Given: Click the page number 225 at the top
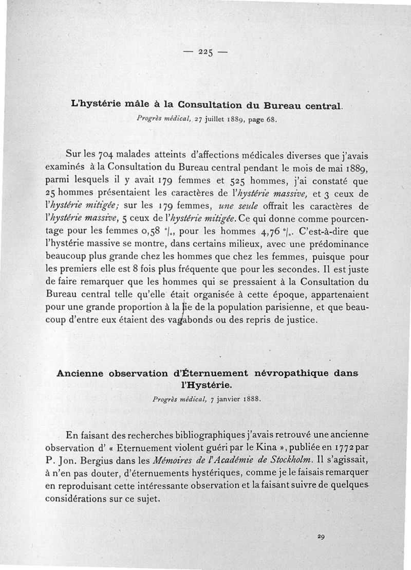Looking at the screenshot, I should (206, 52).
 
